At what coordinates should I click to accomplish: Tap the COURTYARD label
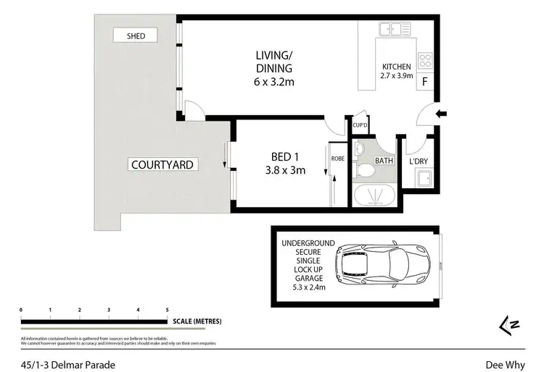pos(161,164)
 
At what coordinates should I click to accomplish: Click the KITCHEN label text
pos(397,67)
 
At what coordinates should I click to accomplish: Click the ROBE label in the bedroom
pos(337,158)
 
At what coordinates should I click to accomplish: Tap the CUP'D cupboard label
pos(359,124)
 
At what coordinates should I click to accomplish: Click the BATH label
pos(383,161)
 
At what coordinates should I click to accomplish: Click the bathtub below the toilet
pos(374,196)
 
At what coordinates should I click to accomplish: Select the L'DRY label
pos(417,160)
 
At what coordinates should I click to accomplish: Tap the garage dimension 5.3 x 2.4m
pos(303,287)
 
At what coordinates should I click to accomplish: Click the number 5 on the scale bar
pos(167,309)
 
